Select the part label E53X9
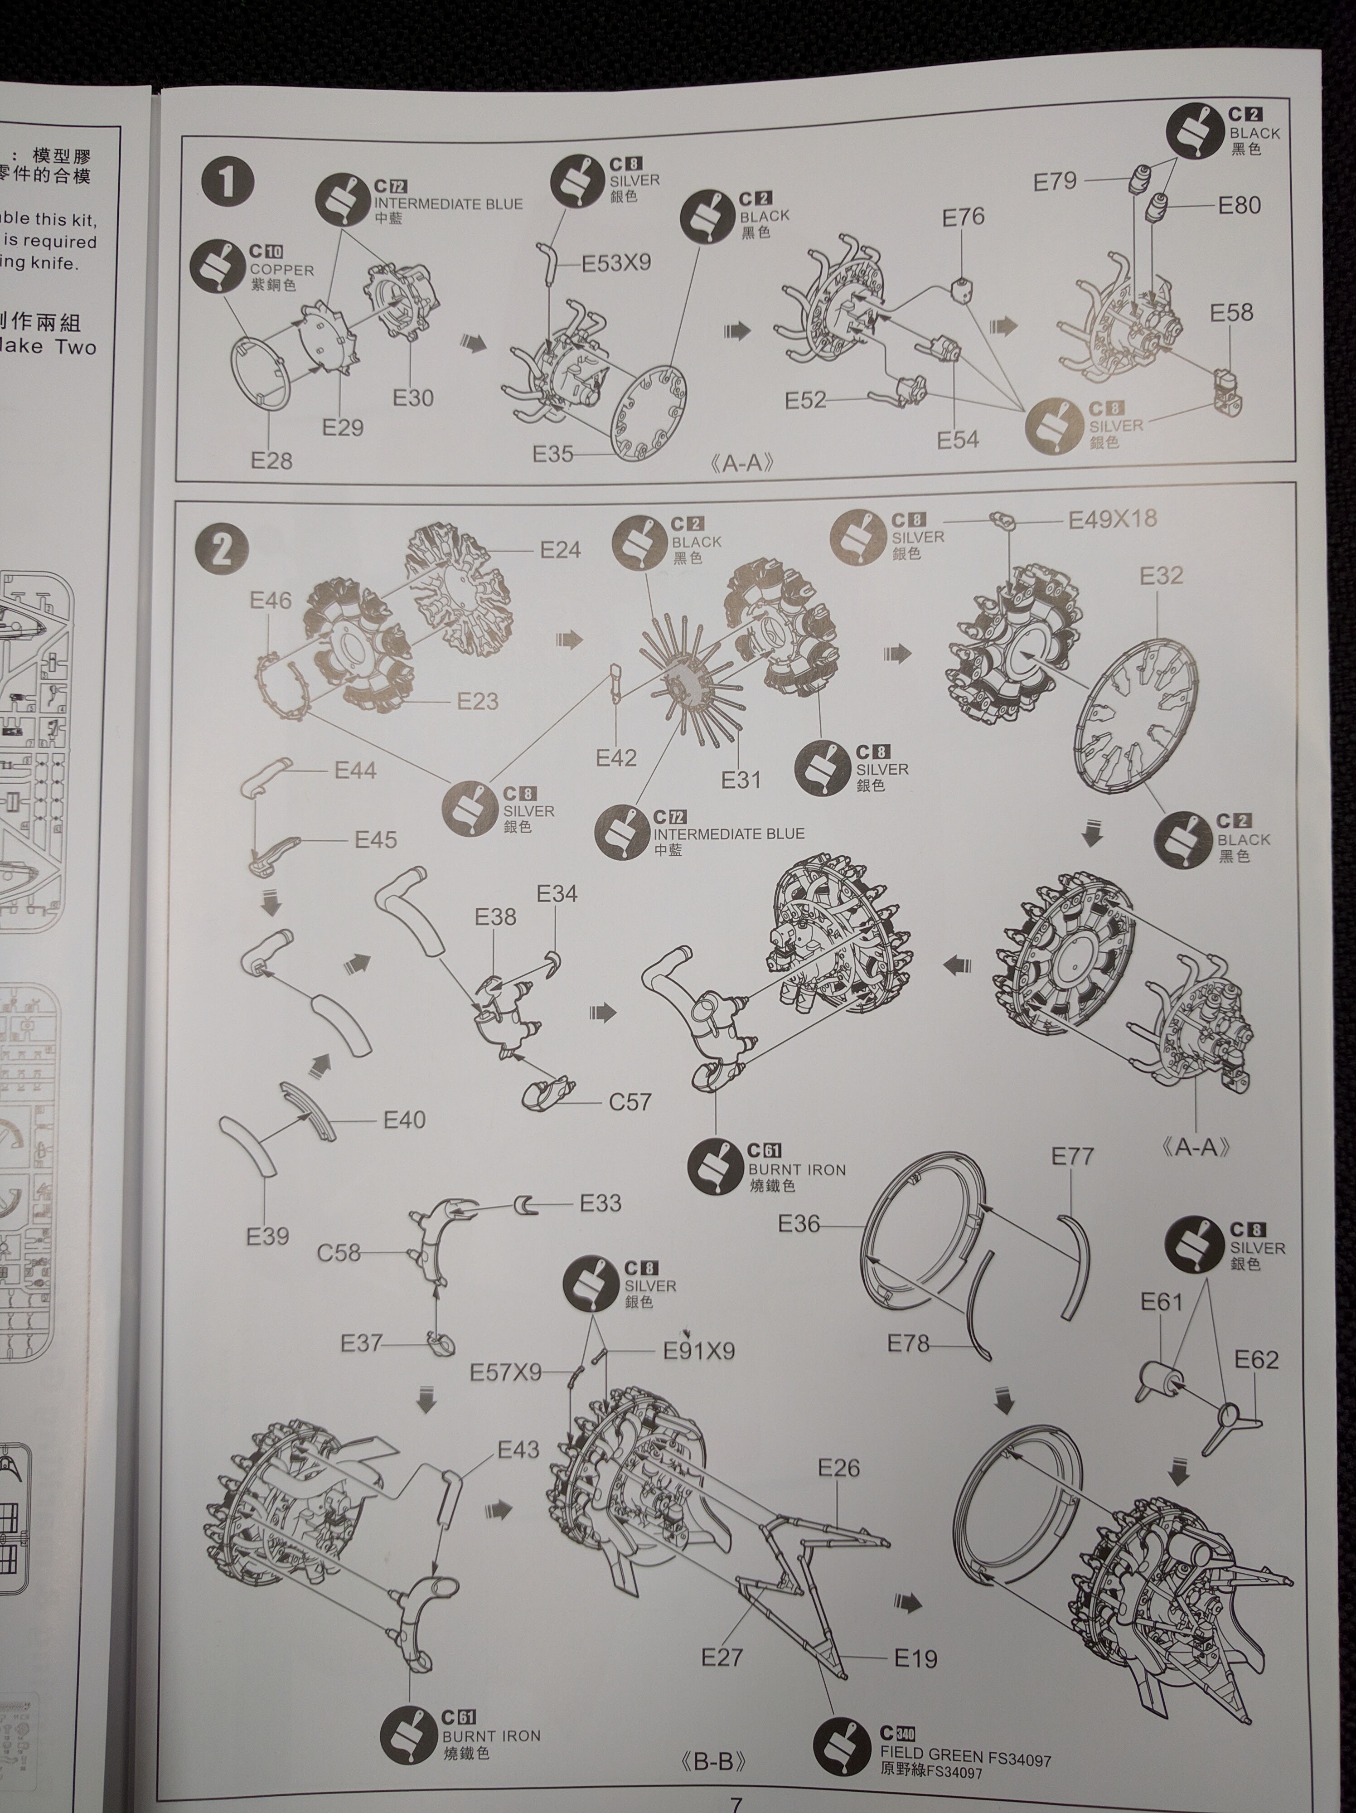coord(616,263)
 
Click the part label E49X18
coord(1112,519)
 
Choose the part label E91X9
coord(699,1351)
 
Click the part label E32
coord(1161,576)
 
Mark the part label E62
coord(1256,1361)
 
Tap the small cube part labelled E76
coord(961,289)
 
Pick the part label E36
coord(799,1225)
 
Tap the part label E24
coord(561,550)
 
